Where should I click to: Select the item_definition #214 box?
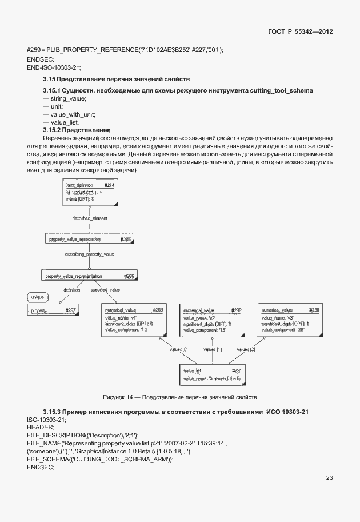[x=90, y=193]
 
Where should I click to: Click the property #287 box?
[x=53, y=310]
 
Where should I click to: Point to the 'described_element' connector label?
[x=90, y=218]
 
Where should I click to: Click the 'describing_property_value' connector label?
[x=90, y=253]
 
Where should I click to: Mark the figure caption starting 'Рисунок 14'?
[x=180, y=397]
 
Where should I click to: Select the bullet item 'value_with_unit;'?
[x=67, y=114]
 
